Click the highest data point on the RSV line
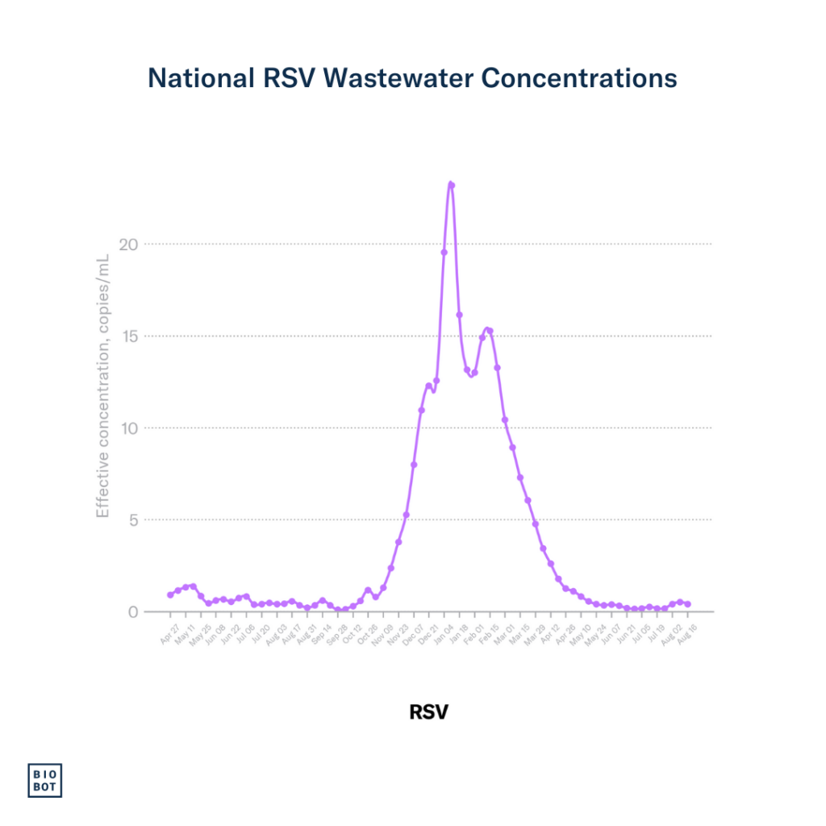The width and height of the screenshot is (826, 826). (452, 185)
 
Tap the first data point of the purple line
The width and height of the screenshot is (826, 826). (170, 594)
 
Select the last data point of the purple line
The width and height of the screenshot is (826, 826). (687, 603)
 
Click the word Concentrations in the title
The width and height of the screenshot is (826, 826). (579, 78)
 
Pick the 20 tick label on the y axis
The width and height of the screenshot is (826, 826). (127, 244)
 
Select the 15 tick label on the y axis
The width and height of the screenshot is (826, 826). (128, 336)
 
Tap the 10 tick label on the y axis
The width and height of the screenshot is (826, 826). (128, 428)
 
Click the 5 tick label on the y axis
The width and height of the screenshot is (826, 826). (133, 519)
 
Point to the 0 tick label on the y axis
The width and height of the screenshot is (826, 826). (133, 611)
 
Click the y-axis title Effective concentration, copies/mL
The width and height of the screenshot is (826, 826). (102, 386)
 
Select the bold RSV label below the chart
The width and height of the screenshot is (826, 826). (428, 712)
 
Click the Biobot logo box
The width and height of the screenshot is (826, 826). (45, 779)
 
